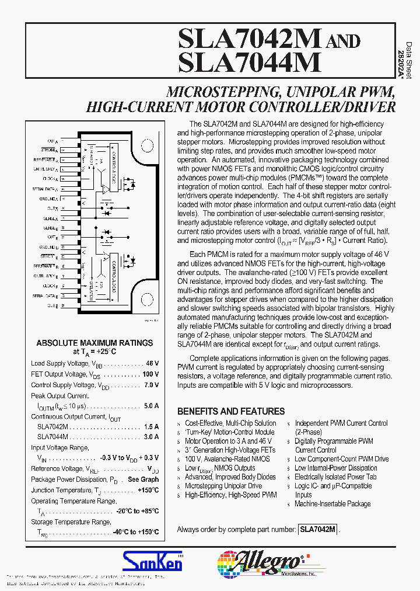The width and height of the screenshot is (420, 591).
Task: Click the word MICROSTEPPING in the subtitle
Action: click(x=213, y=92)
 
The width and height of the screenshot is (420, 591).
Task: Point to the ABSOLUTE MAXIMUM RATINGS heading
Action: click(x=94, y=343)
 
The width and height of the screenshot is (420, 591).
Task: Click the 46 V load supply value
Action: click(x=152, y=363)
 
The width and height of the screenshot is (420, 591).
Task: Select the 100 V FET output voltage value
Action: click(x=150, y=374)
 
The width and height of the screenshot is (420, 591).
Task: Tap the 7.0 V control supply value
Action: click(x=151, y=385)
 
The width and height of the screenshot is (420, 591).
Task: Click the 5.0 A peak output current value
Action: click(x=151, y=406)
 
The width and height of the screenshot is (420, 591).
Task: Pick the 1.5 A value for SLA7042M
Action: click(x=151, y=427)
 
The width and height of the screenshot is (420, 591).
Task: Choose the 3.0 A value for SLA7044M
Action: click(x=151, y=437)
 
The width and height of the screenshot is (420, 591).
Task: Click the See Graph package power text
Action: click(x=143, y=479)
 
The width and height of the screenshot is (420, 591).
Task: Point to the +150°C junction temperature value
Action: click(x=148, y=490)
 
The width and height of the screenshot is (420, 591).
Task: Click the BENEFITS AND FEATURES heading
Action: click(x=231, y=411)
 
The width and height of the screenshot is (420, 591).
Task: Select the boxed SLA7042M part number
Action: click(x=317, y=529)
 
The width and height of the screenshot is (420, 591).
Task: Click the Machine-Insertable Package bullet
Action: click(x=332, y=503)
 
